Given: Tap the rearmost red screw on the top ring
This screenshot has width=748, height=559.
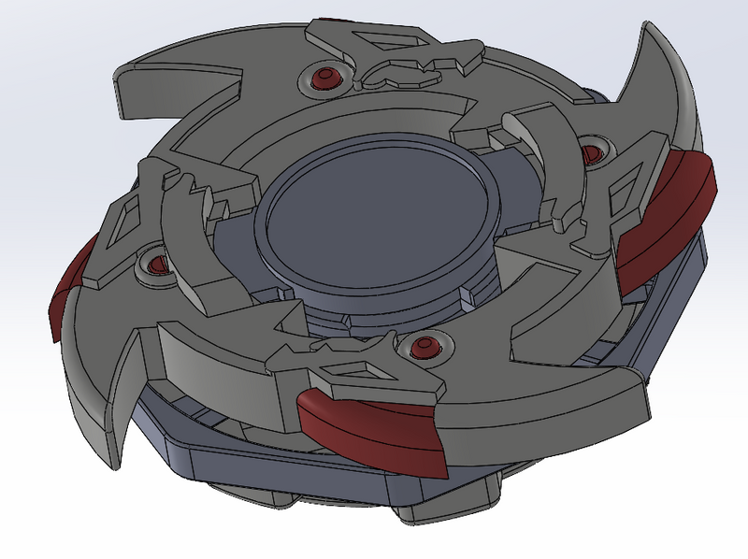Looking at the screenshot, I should point(324,75).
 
